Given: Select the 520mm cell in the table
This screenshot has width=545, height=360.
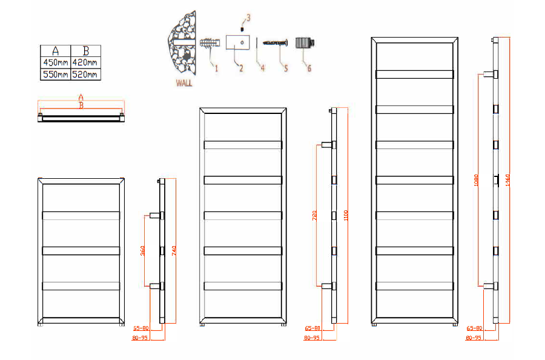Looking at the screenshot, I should point(85,75).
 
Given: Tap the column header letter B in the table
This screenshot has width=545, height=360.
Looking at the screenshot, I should point(85,50).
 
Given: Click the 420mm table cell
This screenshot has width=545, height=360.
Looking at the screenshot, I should point(85,62).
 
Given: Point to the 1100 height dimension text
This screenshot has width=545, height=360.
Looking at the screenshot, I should point(345,215).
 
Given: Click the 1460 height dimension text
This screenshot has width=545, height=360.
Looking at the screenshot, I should point(508,180).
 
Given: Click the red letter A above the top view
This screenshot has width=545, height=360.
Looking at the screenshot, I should point(81,97).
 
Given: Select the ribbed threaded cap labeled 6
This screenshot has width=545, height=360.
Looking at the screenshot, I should point(303,44).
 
